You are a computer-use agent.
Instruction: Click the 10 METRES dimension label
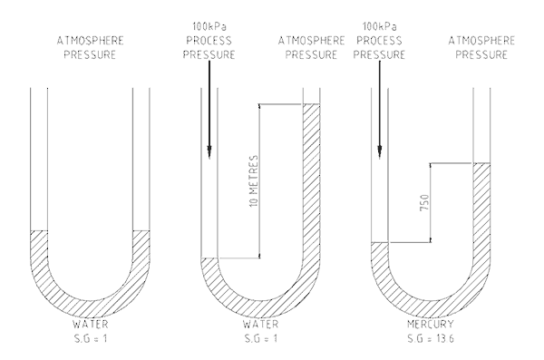(x=254, y=180)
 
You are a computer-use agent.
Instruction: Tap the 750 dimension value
(x=424, y=203)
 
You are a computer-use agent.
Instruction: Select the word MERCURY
(x=430, y=325)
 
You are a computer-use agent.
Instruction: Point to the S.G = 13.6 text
(x=430, y=338)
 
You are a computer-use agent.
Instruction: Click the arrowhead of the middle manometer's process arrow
(x=209, y=152)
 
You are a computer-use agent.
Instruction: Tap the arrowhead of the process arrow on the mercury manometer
(x=380, y=152)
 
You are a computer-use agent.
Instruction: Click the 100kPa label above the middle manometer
(x=209, y=26)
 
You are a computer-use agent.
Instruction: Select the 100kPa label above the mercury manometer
(x=380, y=26)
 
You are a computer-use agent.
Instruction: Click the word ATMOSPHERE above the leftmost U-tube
(x=90, y=41)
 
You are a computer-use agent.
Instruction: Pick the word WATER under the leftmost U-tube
(x=90, y=325)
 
